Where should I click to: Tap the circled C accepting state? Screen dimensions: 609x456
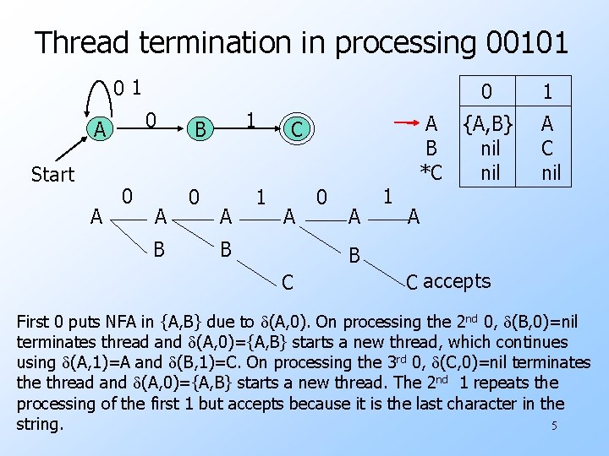(x=296, y=130)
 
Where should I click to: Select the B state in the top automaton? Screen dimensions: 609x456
(x=200, y=130)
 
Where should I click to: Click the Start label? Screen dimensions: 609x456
(x=52, y=175)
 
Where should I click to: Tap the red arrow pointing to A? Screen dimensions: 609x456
(x=409, y=123)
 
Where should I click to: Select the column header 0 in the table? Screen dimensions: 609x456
(x=486, y=91)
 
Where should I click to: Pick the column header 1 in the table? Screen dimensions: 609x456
(x=547, y=91)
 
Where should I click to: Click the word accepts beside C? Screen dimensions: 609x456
(x=457, y=281)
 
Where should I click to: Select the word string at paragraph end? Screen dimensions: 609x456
(x=39, y=423)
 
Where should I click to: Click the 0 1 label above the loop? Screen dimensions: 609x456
(x=128, y=86)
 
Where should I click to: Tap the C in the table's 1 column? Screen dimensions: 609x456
(x=547, y=149)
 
